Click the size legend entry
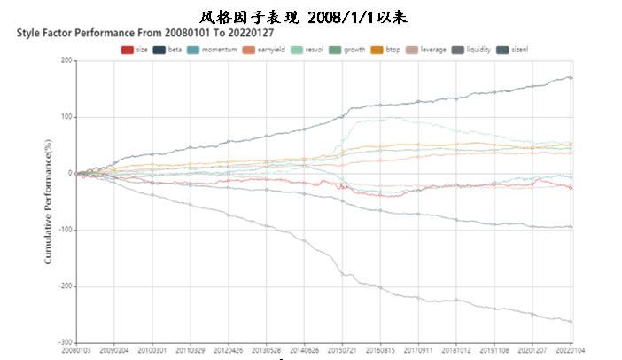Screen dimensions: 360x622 [135, 50]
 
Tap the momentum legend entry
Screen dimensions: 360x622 [210, 50]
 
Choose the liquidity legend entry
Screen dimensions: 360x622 [472, 50]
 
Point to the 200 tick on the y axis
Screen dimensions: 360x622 [66, 60]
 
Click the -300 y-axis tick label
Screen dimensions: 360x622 [64, 342]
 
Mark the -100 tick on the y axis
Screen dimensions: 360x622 [64, 230]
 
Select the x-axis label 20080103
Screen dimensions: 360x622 [77, 351]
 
